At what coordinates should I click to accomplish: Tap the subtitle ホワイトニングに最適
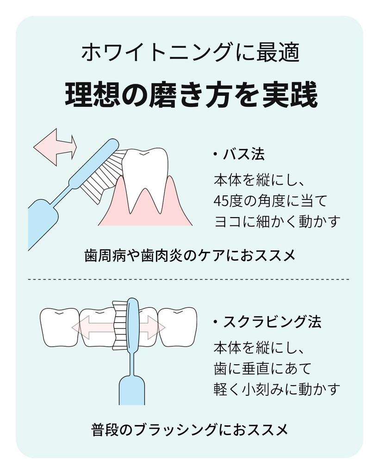pyautogui.click(x=190, y=53)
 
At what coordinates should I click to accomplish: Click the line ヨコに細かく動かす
pyautogui.click(x=277, y=221)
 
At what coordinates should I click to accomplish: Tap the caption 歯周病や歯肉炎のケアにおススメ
pyautogui.click(x=190, y=256)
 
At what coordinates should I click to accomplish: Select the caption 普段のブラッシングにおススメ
pyautogui.click(x=190, y=429)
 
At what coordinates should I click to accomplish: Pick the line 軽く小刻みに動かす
pyautogui.click(x=277, y=389)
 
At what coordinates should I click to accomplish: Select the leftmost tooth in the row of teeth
pyautogui.click(x=59, y=326)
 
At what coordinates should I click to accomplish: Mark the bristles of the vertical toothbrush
pyautogui.click(x=120, y=324)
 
